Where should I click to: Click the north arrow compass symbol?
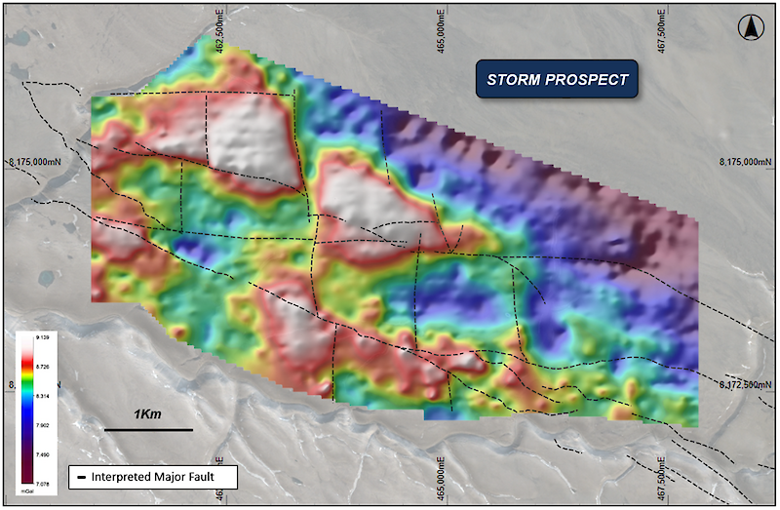(x=750, y=28)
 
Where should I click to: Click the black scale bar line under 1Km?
(x=148, y=428)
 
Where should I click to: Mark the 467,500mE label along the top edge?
(x=662, y=21)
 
